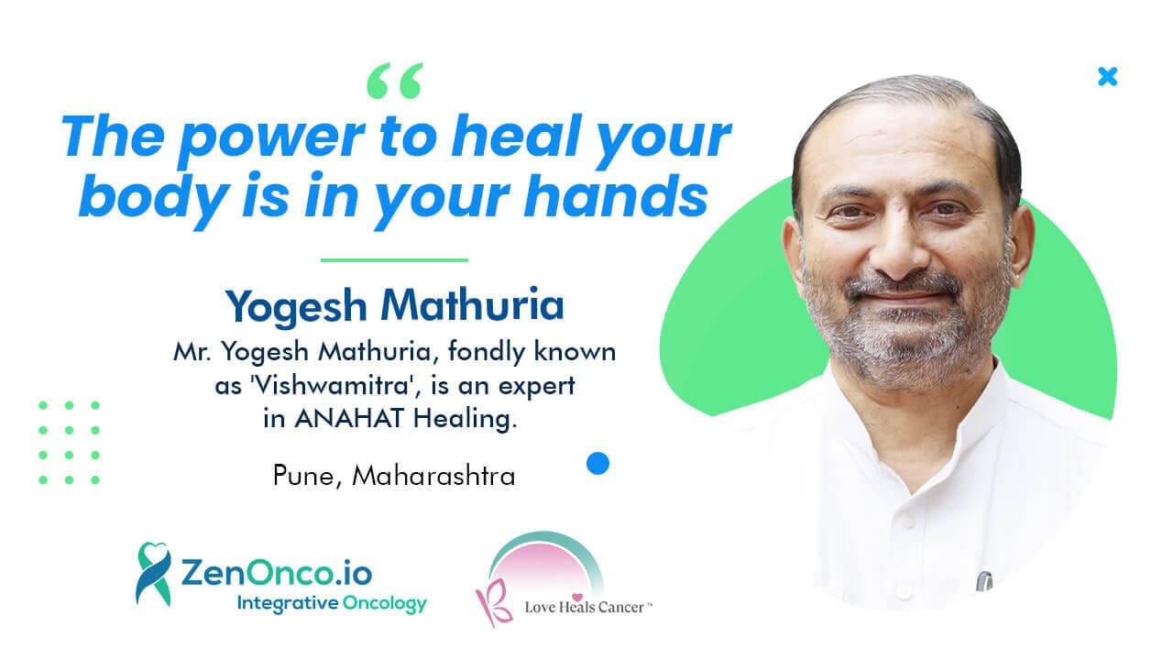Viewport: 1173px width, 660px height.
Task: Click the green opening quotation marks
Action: pyautogui.click(x=395, y=81)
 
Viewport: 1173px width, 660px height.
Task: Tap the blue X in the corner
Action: pyautogui.click(x=1108, y=76)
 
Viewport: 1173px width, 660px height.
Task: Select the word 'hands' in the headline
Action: pyautogui.click(x=617, y=196)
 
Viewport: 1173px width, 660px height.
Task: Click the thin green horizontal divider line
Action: pyautogui.click(x=394, y=259)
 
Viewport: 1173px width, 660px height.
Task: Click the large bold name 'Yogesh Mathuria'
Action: pyautogui.click(x=395, y=306)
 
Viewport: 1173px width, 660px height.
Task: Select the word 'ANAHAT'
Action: pyautogui.click(x=349, y=419)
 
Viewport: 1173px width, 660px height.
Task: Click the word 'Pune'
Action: pyautogui.click(x=303, y=476)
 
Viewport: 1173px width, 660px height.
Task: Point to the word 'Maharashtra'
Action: pyautogui.click(x=434, y=476)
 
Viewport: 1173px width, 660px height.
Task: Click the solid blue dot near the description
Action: pyautogui.click(x=598, y=464)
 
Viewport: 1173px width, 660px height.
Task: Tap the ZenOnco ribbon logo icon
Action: pyautogui.click(x=153, y=575)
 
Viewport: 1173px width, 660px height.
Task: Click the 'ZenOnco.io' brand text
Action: pyautogui.click(x=277, y=573)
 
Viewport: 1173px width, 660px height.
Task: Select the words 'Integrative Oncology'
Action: pyautogui.click(x=332, y=604)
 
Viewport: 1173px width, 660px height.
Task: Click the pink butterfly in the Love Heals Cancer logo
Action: pyautogui.click(x=493, y=602)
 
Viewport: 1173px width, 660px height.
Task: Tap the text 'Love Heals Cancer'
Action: pyautogui.click(x=585, y=607)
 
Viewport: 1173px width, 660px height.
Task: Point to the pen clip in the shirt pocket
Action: pyautogui.click(x=984, y=581)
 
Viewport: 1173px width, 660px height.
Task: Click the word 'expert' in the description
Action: pyautogui.click(x=537, y=387)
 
